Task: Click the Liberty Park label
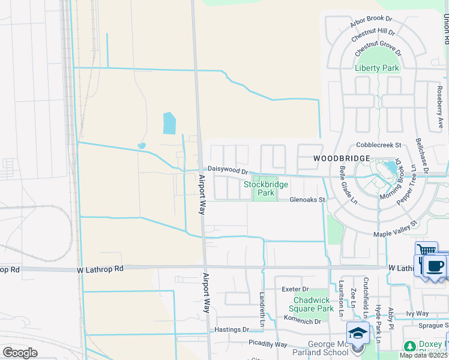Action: [377, 68]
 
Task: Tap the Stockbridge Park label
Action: [265, 188]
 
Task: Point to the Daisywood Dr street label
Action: [228, 170]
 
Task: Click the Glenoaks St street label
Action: [307, 199]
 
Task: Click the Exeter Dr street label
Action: [295, 289]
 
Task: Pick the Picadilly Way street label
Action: [268, 344]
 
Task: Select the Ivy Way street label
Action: [417, 313]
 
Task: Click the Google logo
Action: [20, 352]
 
